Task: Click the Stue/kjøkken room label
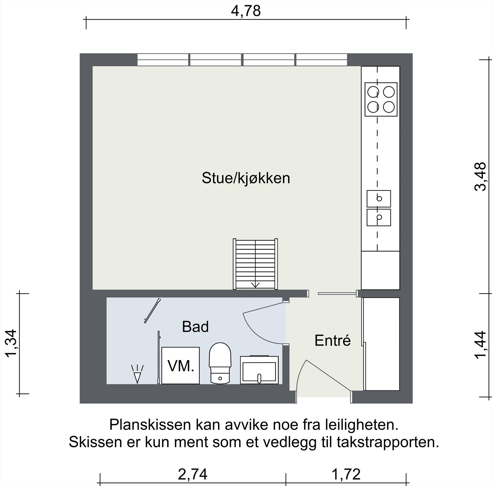[246, 178]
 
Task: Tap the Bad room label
[195, 327]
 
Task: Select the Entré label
[332, 341]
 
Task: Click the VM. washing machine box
[181, 366]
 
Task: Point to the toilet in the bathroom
[220, 363]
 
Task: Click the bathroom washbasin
[259, 370]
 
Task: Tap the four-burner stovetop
[381, 99]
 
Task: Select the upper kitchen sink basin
[379, 199]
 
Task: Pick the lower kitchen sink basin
[379, 217]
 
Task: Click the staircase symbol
[255, 264]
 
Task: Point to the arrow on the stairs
[255, 285]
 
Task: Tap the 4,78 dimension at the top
[246, 11]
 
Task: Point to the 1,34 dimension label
[11, 343]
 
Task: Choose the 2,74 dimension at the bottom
[193, 474]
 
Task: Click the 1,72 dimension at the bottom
[346, 474]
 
